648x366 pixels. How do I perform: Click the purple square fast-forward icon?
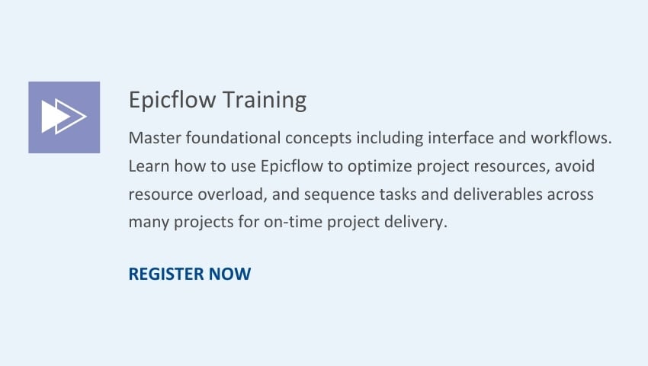tap(64, 117)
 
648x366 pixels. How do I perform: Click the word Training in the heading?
tap(265, 101)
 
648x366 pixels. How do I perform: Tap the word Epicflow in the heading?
tap(172, 100)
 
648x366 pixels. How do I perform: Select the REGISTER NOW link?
tap(190, 274)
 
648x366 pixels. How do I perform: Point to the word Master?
tap(155, 138)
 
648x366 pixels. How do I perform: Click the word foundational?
tap(233, 138)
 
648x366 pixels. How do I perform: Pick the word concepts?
tap(319, 139)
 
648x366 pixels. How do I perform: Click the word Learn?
tap(149, 166)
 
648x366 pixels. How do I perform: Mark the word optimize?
tap(380, 167)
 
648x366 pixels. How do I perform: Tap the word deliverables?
tap(498, 194)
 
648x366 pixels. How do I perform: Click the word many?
tap(149, 223)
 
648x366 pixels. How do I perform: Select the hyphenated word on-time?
tap(294, 222)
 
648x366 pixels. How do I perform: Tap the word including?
tap(390, 139)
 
